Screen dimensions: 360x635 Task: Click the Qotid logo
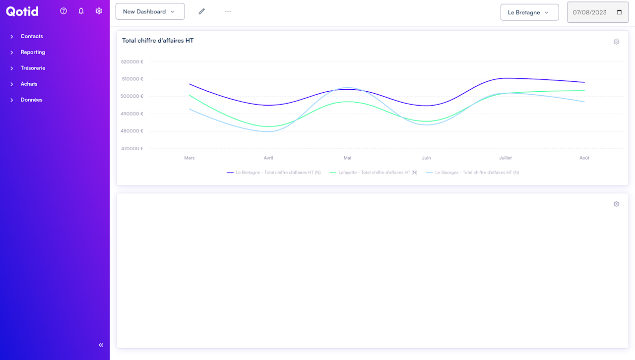22,11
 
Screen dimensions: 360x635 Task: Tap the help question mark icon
63,11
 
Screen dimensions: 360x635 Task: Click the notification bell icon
81,11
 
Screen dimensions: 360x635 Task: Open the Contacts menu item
32,36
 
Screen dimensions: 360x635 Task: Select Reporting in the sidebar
33,52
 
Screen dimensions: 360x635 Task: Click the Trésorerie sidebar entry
33,68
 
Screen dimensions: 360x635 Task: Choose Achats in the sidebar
29,84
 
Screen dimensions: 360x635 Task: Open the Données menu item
31,100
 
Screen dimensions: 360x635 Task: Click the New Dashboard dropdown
150,11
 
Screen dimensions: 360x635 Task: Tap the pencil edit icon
202,11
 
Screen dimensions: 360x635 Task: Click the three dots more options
228,11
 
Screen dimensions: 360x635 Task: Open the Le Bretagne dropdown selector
529,12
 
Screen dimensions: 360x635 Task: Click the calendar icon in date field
619,12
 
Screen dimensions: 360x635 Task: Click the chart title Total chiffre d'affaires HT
158,41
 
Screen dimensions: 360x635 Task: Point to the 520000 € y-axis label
132,62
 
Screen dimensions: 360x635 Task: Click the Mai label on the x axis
347,158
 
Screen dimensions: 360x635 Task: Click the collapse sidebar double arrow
101,345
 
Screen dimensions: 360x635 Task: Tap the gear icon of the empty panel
616,204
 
